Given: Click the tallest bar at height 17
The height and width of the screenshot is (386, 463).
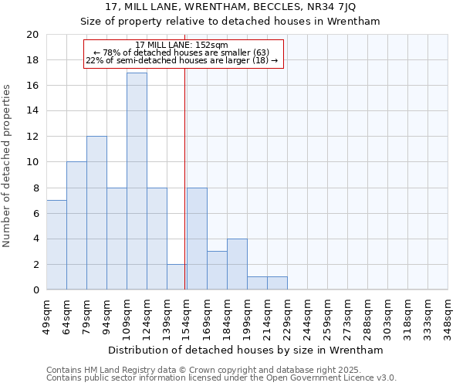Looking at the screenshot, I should pos(137,181).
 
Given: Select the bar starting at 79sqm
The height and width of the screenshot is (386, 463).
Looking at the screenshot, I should pos(96,213).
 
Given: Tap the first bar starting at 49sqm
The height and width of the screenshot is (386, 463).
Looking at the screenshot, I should pos(56,245).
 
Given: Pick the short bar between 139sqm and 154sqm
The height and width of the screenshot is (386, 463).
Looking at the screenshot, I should pos(177,277).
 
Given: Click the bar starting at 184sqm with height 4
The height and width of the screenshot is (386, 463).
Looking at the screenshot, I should pos(237,264).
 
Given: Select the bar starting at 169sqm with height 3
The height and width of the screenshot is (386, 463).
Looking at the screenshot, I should pos(217,270).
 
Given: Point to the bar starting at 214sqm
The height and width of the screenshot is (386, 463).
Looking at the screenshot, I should pos(277,283).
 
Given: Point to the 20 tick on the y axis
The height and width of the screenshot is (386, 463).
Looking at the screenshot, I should pos(32,35).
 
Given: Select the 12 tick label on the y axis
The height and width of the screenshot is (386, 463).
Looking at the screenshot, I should pos(32,137).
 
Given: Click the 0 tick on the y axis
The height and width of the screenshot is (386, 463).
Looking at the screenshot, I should pos(35,290).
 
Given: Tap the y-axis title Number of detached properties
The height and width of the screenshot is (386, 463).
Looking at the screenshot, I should pos(7,166).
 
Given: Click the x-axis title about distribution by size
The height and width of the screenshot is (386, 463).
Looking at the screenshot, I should pos(246,350).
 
